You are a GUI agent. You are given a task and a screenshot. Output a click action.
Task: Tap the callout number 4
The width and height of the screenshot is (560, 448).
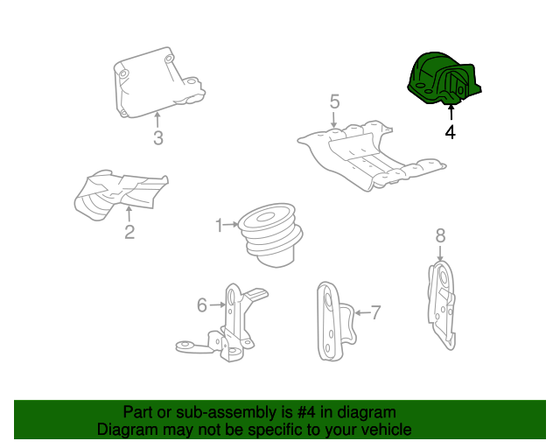(x=450, y=133)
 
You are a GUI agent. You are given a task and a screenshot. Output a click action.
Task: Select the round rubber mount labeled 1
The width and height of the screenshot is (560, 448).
(x=273, y=231)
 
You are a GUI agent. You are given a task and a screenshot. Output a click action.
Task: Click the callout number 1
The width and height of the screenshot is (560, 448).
(x=220, y=226)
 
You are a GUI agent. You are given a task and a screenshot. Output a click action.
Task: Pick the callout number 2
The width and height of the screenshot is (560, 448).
(x=129, y=232)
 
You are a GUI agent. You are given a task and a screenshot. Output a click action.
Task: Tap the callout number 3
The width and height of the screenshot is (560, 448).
(x=157, y=137)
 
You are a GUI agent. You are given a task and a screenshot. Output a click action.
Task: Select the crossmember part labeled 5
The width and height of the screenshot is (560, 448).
(x=372, y=157)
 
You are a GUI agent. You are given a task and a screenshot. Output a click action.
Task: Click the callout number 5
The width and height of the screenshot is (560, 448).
(x=334, y=103)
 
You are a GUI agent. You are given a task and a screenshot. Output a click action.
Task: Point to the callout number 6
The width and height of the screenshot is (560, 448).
(x=201, y=304)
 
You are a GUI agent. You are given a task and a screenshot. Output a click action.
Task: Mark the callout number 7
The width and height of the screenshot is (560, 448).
(x=376, y=312)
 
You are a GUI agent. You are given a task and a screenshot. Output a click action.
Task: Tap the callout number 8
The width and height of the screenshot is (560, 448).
(x=440, y=235)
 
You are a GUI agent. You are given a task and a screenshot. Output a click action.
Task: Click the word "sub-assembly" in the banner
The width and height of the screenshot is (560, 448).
(x=200, y=412)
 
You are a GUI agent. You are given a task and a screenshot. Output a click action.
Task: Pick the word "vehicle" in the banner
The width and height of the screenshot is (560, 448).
(x=384, y=430)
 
